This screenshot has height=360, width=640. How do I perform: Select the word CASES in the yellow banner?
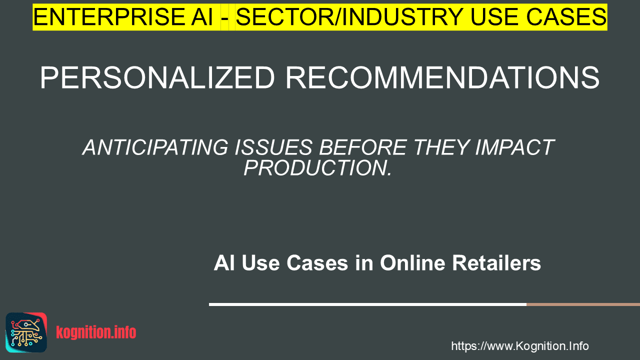(x=566, y=17)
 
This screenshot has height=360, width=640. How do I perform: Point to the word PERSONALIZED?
(x=157, y=77)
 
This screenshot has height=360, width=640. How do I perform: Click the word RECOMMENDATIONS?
(x=442, y=77)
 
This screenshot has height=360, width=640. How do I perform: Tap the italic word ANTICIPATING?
(x=155, y=147)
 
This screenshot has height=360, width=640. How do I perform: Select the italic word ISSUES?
(x=273, y=147)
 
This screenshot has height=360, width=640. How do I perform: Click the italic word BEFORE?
(x=363, y=147)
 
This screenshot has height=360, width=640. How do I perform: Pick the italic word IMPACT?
(x=515, y=147)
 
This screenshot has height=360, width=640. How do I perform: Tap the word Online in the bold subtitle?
(x=412, y=263)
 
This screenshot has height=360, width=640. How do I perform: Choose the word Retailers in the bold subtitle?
(x=496, y=263)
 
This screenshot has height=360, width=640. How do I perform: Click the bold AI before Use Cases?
(x=224, y=263)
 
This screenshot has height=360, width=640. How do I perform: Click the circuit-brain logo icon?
(x=26, y=332)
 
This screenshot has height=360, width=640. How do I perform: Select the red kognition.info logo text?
(x=96, y=332)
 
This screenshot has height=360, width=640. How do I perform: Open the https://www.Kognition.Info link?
(x=520, y=346)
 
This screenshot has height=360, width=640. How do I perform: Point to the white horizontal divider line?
(x=367, y=304)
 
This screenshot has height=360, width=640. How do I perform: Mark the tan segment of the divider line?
(x=583, y=304)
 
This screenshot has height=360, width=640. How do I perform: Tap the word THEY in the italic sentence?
(x=441, y=147)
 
